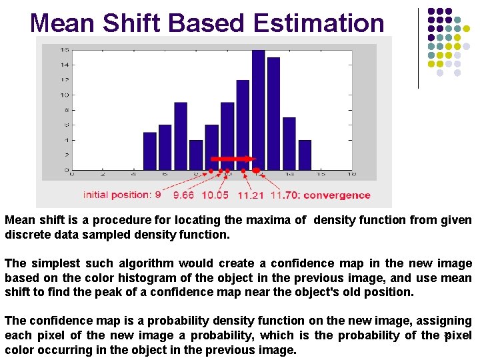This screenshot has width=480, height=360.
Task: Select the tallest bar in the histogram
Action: (258, 109)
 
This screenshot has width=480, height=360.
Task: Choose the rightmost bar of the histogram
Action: (305, 155)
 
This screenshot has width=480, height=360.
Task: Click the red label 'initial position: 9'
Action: (122, 195)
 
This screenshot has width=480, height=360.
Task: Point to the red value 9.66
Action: (184, 195)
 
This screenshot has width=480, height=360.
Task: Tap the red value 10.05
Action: (215, 195)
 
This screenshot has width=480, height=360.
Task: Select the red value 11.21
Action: (251, 195)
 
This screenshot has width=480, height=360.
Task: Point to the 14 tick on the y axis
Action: (65, 65)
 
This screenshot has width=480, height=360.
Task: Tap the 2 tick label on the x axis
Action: (103, 175)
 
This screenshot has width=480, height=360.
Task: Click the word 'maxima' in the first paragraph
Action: (273, 220)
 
